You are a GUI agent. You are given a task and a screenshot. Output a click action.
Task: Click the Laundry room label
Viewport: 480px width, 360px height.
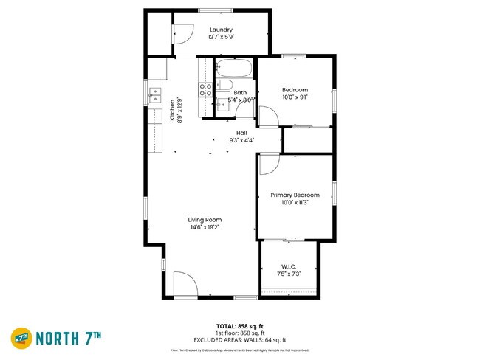click(221, 30)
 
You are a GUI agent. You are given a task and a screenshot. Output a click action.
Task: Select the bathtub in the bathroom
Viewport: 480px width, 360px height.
click(234, 72)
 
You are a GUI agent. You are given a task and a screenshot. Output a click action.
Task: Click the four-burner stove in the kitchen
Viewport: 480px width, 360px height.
click(205, 90)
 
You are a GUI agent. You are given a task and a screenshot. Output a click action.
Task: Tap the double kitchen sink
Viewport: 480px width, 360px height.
click(155, 94)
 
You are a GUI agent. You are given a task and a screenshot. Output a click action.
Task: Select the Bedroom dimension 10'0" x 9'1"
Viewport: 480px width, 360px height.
click(294, 97)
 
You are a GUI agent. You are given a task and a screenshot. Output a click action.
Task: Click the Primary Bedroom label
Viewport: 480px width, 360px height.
click(295, 195)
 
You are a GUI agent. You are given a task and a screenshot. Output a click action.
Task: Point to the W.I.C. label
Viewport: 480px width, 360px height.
click(289, 266)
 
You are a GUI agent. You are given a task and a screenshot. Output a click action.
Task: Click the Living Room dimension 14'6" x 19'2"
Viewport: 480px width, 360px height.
click(205, 227)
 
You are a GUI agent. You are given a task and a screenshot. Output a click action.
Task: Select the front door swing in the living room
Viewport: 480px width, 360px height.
click(185, 285)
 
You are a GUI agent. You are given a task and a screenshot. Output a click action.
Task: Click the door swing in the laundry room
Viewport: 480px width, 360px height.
click(182, 33)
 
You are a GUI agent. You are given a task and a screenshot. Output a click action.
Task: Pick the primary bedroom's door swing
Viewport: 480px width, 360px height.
click(268, 165)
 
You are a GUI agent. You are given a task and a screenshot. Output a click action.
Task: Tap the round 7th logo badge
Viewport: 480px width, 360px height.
click(21, 339)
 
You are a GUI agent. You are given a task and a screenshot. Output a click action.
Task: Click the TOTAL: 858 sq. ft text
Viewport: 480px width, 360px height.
click(240, 325)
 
